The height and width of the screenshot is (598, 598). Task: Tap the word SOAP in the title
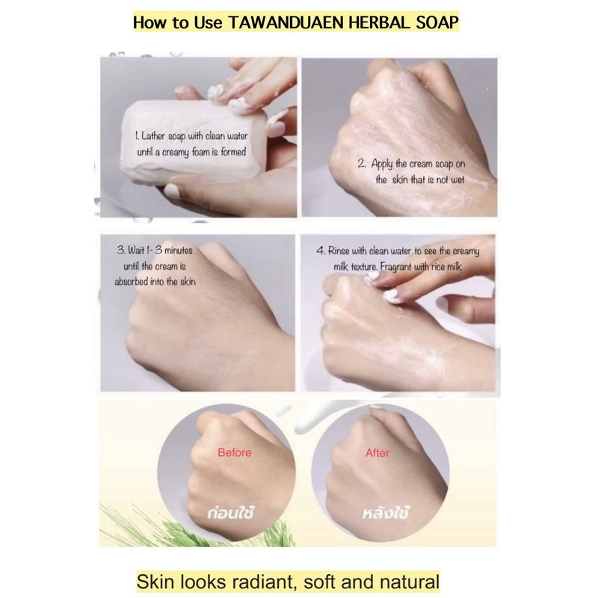437,22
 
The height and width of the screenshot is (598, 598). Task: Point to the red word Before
234,453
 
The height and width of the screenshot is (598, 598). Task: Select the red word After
377,453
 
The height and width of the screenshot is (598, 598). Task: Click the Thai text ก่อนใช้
230,513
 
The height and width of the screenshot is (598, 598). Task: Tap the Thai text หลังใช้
386,513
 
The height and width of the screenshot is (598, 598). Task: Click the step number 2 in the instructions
362,164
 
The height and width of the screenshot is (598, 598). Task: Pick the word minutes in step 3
179,250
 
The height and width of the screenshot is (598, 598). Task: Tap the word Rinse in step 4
339,251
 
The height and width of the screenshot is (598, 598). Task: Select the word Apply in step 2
382,164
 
